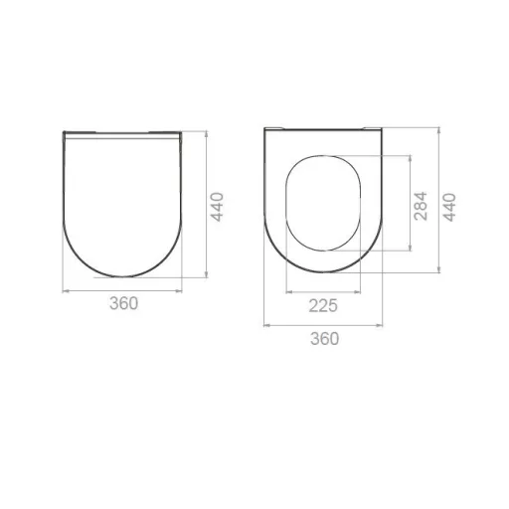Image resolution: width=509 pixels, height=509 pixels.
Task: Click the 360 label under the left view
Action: (122, 303)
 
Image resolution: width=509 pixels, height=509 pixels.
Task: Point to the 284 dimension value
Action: (422, 204)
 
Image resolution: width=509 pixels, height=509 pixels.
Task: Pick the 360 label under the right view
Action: (323, 338)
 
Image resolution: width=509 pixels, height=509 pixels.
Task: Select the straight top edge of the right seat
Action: (323, 130)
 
